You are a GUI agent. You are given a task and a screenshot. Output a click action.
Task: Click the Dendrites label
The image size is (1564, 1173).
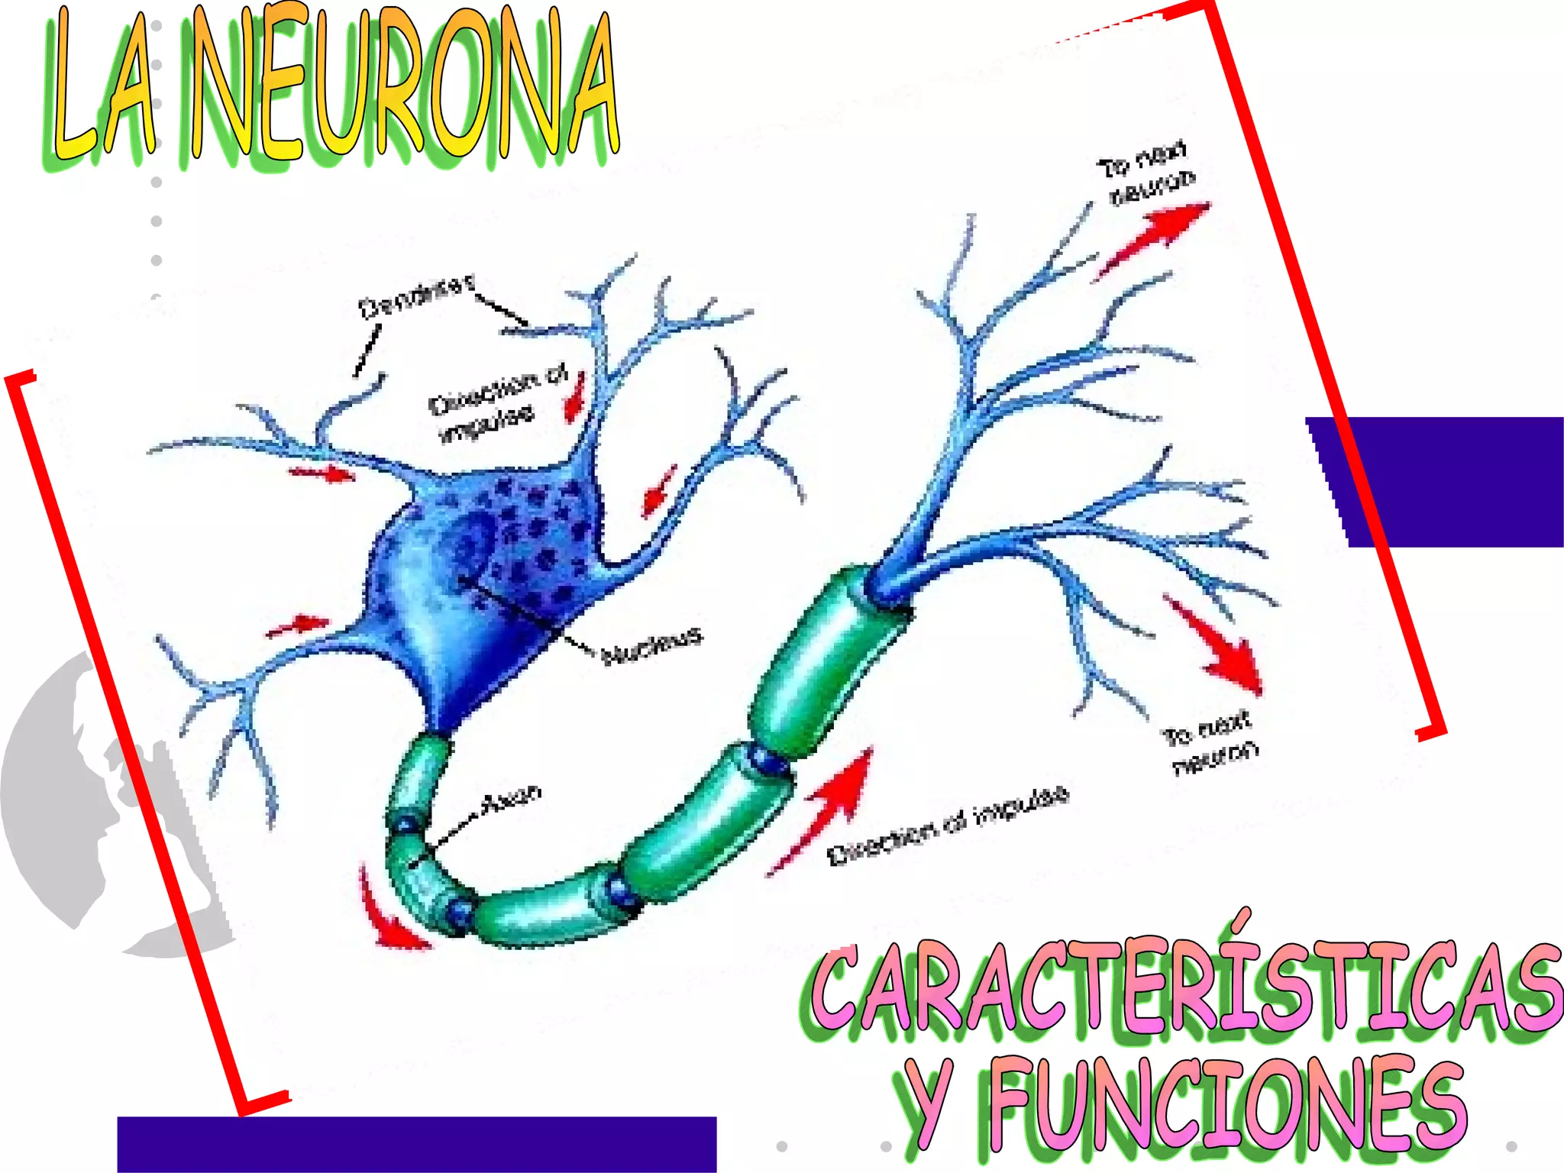click(416, 298)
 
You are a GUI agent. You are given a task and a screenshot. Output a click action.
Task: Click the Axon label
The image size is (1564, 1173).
click(512, 799)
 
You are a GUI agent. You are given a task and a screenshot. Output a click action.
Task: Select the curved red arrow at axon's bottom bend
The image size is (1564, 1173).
click(386, 913)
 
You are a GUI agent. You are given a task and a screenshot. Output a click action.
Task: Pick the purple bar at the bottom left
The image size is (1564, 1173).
click(416, 1143)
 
